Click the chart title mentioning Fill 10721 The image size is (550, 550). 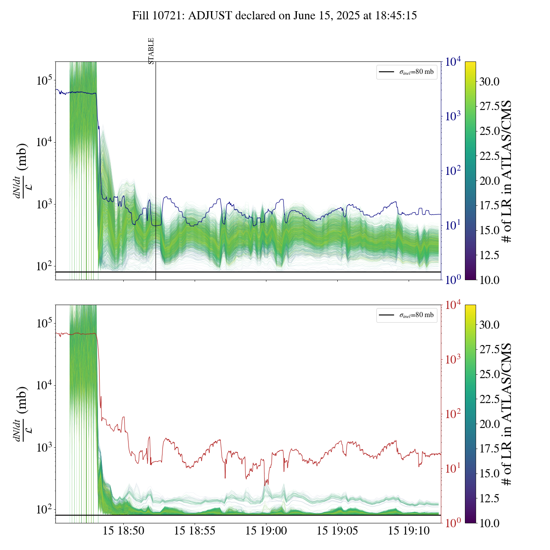coord(275,16)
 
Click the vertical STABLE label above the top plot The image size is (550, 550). coord(151,51)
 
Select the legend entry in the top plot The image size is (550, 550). coord(406,72)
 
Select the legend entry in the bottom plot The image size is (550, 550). coord(406,315)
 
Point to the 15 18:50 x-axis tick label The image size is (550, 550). coord(123,531)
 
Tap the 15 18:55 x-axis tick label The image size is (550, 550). coord(195,531)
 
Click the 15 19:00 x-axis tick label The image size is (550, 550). coord(266,531)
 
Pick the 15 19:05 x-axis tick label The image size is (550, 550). coord(337,531)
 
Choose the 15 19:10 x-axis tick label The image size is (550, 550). coord(409,531)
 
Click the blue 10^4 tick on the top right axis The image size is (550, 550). coord(453,62)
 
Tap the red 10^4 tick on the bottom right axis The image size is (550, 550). coord(453,305)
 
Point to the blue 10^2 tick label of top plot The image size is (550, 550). coord(453,171)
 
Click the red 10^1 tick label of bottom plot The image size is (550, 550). coord(453,468)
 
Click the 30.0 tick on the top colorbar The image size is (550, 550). coord(489,82)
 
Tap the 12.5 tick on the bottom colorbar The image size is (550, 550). coord(489,498)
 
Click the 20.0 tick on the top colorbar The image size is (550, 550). coord(489,181)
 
